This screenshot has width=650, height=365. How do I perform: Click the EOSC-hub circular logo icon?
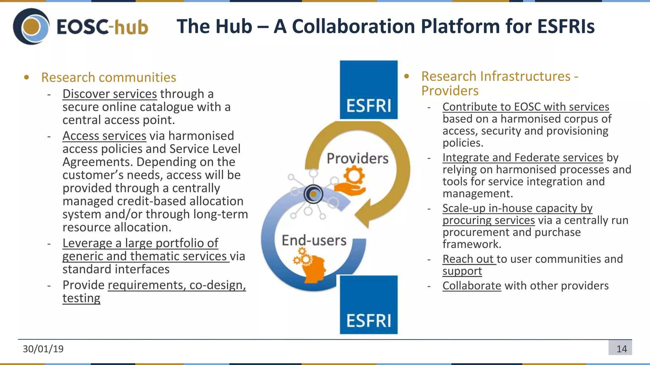(31, 27)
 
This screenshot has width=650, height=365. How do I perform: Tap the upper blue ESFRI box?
(368, 90)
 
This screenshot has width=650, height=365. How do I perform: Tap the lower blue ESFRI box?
(368, 305)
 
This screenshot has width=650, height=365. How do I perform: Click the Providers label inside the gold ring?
(357, 158)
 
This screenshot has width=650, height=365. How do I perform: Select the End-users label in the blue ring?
(314, 240)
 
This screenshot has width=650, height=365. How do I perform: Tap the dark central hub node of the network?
(313, 194)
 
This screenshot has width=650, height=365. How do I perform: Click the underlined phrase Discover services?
(109, 94)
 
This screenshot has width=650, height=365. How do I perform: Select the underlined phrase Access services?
(104, 136)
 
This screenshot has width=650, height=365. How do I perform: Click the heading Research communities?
(109, 78)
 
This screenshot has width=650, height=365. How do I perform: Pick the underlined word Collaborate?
(472, 286)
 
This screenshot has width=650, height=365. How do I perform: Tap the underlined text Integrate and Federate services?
(522, 158)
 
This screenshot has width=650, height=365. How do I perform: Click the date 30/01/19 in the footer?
(43, 349)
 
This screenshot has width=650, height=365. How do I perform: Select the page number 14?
(621, 349)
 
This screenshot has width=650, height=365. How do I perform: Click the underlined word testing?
(81, 298)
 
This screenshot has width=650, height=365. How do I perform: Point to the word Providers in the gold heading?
(450, 91)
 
